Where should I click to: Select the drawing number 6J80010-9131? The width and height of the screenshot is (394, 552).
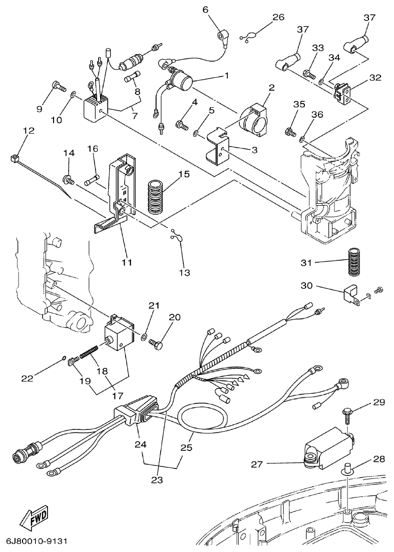point(37,542)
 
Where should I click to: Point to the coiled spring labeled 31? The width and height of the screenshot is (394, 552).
point(355,262)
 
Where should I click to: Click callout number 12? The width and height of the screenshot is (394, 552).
point(29,131)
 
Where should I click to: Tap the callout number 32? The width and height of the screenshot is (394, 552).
point(375,78)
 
